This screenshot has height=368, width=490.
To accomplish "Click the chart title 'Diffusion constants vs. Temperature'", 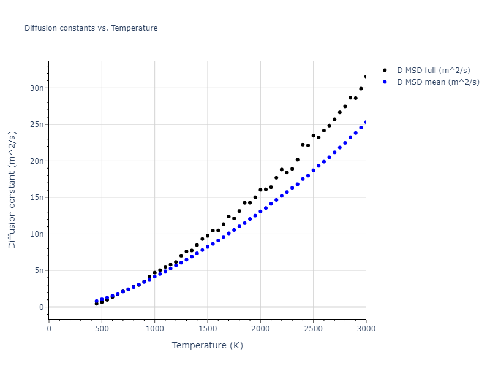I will point(91,28).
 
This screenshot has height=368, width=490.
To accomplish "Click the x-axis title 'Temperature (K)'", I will point(207,345).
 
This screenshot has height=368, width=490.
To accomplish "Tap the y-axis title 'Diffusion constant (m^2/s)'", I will point(12,190).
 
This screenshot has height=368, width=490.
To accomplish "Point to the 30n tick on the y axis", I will point(37,88).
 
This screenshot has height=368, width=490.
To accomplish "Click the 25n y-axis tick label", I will point(37,125).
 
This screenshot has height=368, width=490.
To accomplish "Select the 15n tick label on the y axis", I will point(37,197).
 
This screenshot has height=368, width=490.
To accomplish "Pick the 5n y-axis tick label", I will point(39,270).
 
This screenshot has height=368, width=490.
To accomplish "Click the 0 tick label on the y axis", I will point(42,307).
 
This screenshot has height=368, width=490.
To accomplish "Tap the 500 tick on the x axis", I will point(102,328).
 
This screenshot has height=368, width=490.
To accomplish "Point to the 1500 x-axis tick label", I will point(207,328).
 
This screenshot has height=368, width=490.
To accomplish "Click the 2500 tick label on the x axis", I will point(313,328).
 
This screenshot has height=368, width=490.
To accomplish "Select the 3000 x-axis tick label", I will point(366,328).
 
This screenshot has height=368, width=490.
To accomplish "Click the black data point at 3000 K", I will point(366,77).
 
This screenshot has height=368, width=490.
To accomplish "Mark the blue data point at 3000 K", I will point(366,122).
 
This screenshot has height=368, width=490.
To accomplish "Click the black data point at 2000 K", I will point(260,190).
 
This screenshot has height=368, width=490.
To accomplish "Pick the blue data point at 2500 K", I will point(313,171).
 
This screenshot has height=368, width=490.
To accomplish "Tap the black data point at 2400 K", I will point(303,145).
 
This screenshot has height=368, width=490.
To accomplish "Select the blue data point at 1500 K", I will point(208,247).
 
